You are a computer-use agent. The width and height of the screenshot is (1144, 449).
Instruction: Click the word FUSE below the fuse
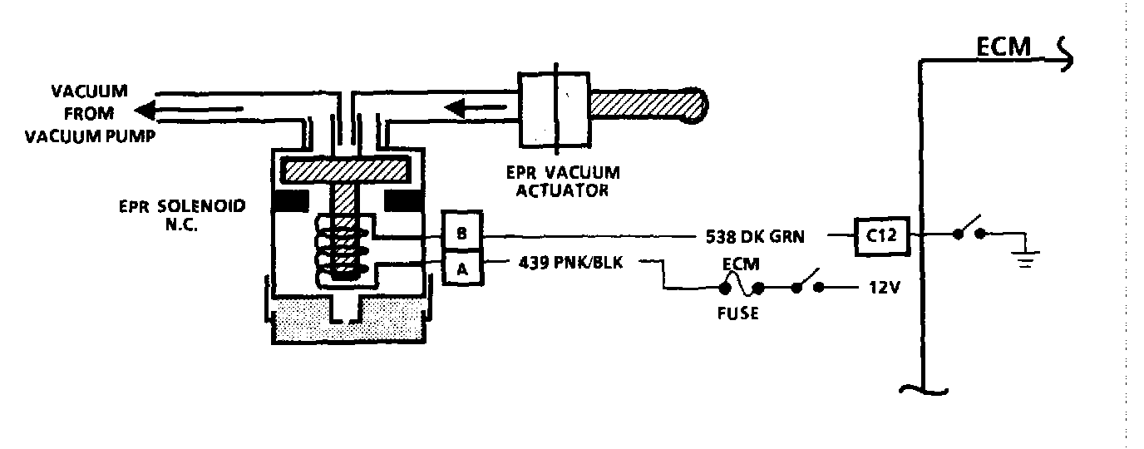coord(737,315)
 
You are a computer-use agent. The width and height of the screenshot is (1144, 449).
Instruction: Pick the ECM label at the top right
coord(1002,49)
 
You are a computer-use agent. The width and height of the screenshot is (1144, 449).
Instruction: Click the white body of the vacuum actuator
coord(553,106)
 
